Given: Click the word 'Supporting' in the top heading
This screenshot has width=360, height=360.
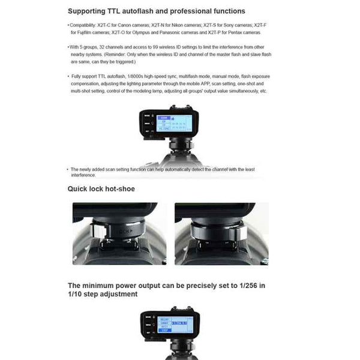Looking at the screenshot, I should click(x=87, y=11).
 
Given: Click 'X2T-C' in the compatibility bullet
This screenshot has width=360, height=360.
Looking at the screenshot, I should click(x=111, y=25).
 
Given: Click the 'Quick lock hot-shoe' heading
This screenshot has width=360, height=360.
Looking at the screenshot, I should click(x=101, y=189).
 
